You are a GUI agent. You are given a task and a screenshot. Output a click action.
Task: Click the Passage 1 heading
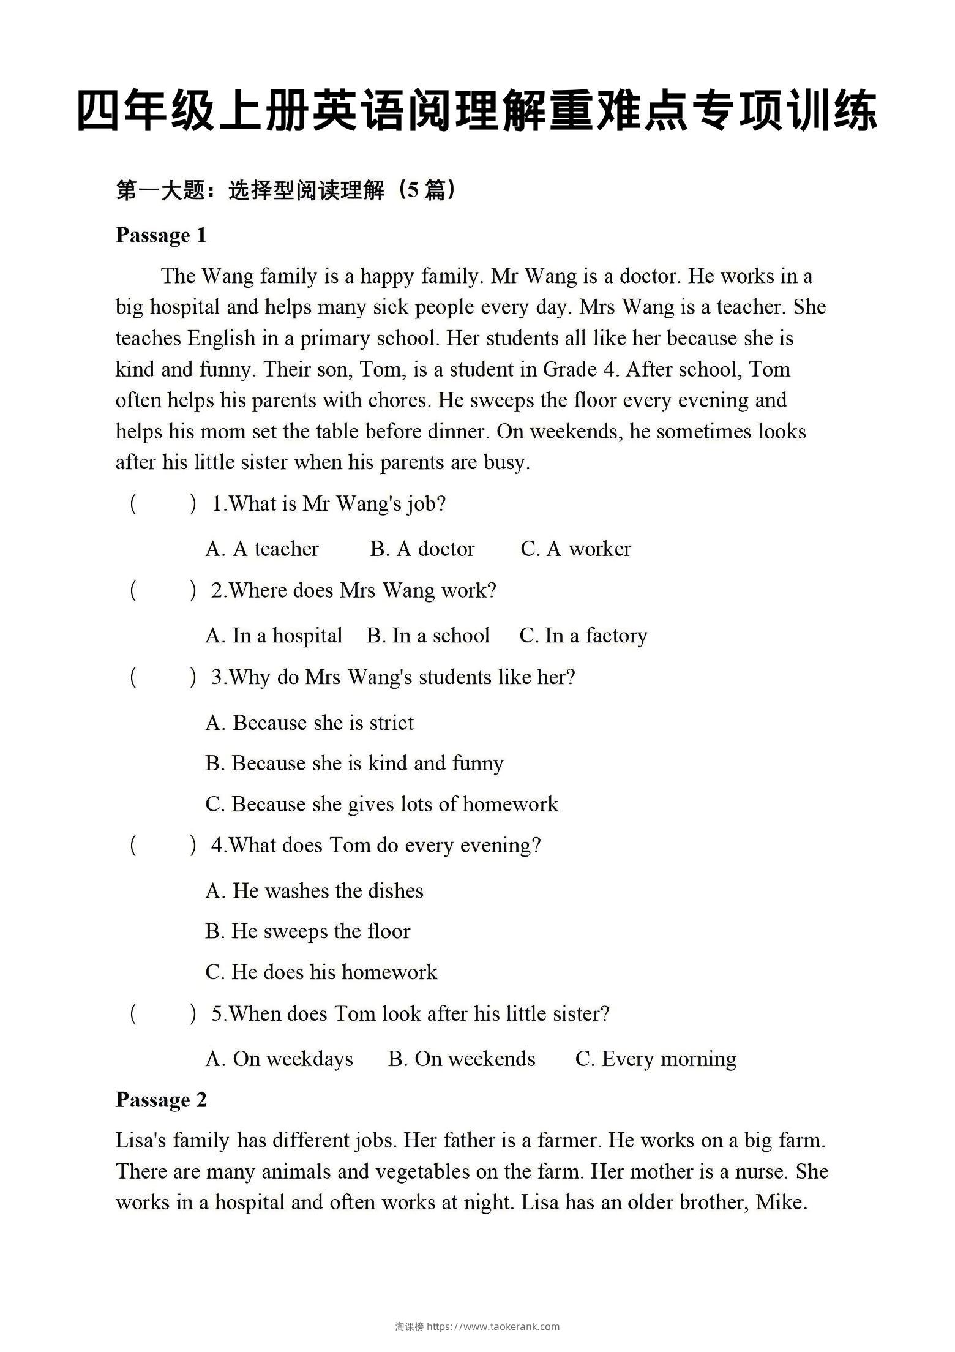161,235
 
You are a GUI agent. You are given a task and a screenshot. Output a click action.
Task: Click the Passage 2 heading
161,1100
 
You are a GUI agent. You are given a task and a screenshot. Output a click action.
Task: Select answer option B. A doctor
422,549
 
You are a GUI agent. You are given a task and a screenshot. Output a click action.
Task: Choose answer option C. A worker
575,549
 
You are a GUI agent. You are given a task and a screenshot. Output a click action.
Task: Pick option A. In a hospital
274,636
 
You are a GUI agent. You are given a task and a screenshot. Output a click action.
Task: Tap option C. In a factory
583,636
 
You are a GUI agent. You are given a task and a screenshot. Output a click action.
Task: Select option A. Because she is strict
310,723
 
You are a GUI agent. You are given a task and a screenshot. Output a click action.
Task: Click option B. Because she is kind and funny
354,763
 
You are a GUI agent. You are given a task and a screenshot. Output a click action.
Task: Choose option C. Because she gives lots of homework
382,804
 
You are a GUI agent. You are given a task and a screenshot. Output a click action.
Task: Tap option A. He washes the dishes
315,890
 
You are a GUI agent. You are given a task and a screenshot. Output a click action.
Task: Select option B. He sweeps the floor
308,931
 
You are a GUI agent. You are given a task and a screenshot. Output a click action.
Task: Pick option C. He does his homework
321,972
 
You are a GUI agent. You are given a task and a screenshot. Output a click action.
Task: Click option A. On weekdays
280,1059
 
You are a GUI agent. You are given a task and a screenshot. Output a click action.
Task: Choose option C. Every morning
656,1059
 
